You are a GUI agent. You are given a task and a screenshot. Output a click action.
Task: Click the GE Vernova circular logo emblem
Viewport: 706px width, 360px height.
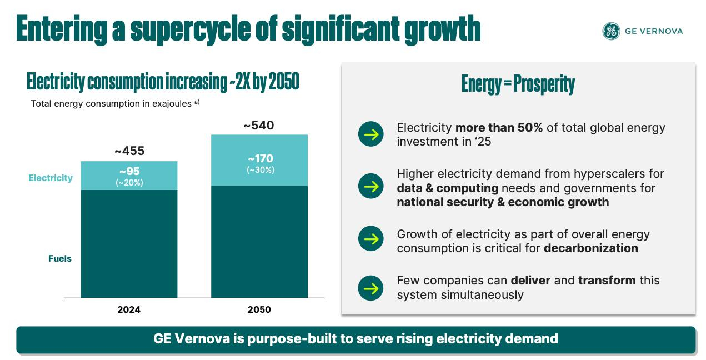pyautogui.click(x=611, y=31)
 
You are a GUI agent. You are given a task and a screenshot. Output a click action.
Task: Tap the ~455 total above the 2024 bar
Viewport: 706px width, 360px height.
pyautogui.click(x=129, y=151)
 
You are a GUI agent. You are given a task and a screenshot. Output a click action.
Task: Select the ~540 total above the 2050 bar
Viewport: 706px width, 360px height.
pyautogui.click(x=259, y=126)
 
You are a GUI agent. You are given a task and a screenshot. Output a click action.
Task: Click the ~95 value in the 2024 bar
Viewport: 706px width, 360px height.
pyautogui.click(x=129, y=172)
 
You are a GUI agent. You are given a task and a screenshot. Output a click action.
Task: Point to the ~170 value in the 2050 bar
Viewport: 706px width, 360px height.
pyautogui.click(x=260, y=159)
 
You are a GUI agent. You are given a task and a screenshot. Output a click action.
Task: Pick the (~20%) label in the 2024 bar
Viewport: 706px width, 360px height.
pyautogui.click(x=129, y=182)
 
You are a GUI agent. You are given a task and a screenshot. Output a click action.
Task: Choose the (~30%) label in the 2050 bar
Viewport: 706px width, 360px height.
pyautogui.click(x=260, y=170)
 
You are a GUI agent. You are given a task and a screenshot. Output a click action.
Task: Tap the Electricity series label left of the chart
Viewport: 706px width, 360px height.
pyautogui.click(x=51, y=178)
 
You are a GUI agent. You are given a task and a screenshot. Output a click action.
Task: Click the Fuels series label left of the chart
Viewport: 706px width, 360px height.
pyautogui.click(x=60, y=258)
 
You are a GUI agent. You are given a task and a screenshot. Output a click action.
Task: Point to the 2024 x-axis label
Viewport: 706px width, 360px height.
pyautogui.click(x=129, y=309)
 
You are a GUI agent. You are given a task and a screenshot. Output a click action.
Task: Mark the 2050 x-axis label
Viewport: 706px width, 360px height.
pyautogui.click(x=259, y=309)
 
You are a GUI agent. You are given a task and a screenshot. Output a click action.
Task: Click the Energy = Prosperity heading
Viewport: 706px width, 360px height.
pyautogui.click(x=518, y=84)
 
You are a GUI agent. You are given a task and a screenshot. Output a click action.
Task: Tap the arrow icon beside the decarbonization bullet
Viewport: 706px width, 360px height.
pyautogui.click(x=370, y=239)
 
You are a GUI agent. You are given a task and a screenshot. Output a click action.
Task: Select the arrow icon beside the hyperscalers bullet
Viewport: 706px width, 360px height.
pyautogui.click(x=370, y=186)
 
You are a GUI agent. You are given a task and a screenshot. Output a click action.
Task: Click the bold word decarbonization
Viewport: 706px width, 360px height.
pyautogui.click(x=590, y=248)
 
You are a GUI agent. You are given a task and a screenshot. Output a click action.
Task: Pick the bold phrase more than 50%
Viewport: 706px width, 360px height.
pyautogui.click(x=499, y=128)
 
